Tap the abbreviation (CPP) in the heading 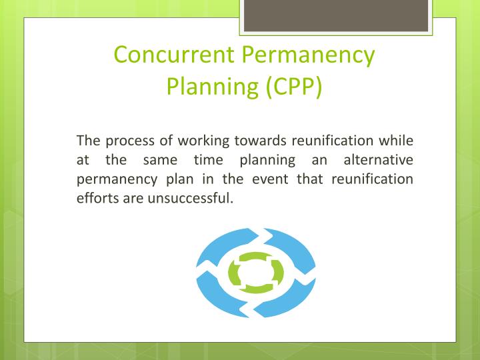[292, 86]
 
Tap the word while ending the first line [397, 141]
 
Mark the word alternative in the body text [378, 160]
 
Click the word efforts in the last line [97, 199]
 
